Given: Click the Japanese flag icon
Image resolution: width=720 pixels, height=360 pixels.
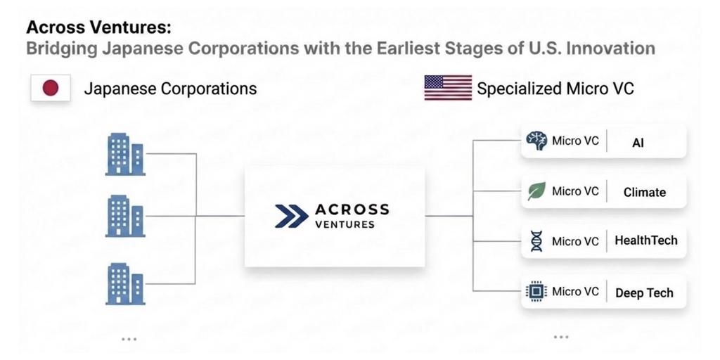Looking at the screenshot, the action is coord(51,88).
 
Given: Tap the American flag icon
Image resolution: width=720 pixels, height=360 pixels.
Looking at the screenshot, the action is coord(448,88).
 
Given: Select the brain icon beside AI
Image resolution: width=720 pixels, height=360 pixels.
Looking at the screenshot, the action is coord(536,141).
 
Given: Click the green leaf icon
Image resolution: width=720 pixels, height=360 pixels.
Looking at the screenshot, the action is coord(536,191).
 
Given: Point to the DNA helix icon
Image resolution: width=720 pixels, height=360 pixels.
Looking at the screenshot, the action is coord(536,241).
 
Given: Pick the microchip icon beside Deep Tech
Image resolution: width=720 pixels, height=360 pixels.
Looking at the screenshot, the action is coord(536,291).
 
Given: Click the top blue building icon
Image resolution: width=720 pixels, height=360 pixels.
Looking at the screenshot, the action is coord(125,154).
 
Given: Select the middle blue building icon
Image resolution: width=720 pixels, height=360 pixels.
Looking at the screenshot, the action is coord(125,216).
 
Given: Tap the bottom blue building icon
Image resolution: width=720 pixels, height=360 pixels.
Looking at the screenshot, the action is coord(125,284).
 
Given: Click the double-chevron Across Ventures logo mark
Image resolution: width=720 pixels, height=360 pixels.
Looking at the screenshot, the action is coord(292,216).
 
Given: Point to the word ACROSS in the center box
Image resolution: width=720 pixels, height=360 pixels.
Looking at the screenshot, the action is coord(352,210).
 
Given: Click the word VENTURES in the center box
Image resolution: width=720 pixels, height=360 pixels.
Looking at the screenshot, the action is coord(345,224).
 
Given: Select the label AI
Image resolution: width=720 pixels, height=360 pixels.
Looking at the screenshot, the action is coord(638,143).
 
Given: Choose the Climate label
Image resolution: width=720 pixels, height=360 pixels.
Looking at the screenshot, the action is coord(644,192).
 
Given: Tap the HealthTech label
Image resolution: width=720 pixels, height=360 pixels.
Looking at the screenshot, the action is coord(645,240).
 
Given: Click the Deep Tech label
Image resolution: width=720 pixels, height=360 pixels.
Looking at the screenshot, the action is coord(644,293).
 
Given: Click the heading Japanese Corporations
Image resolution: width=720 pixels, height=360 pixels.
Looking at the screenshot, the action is coord(170,88).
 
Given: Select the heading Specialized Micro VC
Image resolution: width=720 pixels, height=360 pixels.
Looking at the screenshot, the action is coord(555,88).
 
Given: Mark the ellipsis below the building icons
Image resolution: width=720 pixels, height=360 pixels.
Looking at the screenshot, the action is coord(129,339).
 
